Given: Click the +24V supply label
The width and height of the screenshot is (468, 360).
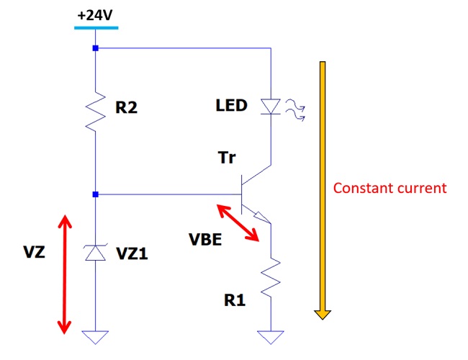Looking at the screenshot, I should coord(95,14).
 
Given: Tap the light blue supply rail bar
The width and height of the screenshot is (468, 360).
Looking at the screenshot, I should coord(95,27).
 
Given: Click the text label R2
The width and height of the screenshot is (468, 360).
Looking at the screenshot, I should coord(126,109).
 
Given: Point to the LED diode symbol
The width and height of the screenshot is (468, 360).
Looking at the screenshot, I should coord(271,107).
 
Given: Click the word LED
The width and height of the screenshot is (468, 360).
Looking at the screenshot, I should coord(231,107).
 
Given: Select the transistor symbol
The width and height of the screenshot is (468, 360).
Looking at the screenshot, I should coord(252,193).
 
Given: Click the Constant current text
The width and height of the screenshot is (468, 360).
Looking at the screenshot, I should coord(390,189).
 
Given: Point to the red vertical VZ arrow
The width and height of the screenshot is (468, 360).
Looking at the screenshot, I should coord(65,274).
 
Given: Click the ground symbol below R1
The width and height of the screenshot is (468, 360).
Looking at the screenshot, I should coord(271,336).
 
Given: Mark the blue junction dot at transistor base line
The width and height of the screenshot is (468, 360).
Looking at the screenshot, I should coord(95,194).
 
